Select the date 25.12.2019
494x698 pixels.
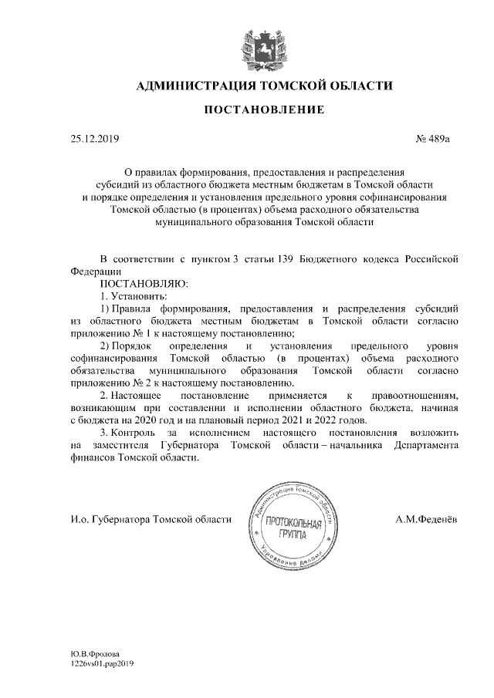pos(91,140)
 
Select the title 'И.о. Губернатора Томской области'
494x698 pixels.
pos(150,519)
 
